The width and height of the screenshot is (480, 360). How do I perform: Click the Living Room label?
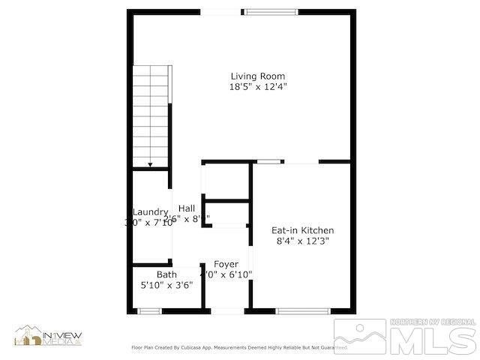click(x=257, y=76)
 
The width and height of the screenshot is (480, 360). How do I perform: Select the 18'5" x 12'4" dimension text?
click(x=257, y=87)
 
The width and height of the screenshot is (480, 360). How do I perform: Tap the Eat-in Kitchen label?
click(x=302, y=230)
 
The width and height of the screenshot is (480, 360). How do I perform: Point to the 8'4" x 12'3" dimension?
click(x=302, y=241)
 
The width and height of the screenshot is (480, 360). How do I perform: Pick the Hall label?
click(x=187, y=208)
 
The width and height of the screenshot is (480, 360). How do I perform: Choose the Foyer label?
click(x=226, y=264)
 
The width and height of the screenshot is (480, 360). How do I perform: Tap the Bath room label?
click(x=166, y=274)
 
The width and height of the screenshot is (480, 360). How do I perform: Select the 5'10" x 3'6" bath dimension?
click(x=166, y=285)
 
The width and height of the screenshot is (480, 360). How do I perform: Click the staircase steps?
click(x=151, y=112)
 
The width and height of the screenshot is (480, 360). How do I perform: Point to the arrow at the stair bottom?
click(x=150, y=164)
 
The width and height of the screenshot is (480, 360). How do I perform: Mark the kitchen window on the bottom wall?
click(x=303, y=310)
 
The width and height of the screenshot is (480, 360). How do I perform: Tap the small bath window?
click(x=150, y=310)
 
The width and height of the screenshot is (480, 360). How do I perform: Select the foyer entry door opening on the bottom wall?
click(x=226, y=310)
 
